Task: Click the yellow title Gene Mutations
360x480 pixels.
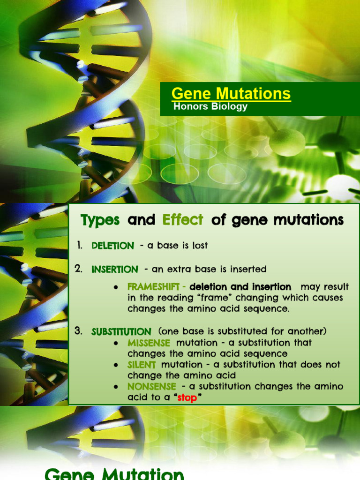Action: tap(231, 93)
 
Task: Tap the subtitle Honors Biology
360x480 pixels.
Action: tap(210, 106)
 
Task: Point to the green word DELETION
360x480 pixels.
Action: tap(112, 246)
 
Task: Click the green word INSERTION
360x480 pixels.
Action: tap(115, 270)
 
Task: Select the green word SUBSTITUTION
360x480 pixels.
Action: tap(121, 331)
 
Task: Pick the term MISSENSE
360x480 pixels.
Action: tap(149, 343)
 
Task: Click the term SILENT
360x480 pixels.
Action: tap(142, 365)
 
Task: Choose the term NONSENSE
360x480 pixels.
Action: tap(152, 387)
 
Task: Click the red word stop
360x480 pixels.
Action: tap(187, 398)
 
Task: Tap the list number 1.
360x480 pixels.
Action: tap(79, 245)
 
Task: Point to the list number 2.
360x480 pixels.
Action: tap(78, 269)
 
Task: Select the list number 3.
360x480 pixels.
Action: tap(78, 331)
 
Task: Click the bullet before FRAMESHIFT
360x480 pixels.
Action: tap(115, 287)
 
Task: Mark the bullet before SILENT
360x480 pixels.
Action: tap(115, 365)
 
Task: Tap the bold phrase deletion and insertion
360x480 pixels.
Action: tap(240, 287)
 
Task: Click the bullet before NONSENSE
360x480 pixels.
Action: tap(115, 387)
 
